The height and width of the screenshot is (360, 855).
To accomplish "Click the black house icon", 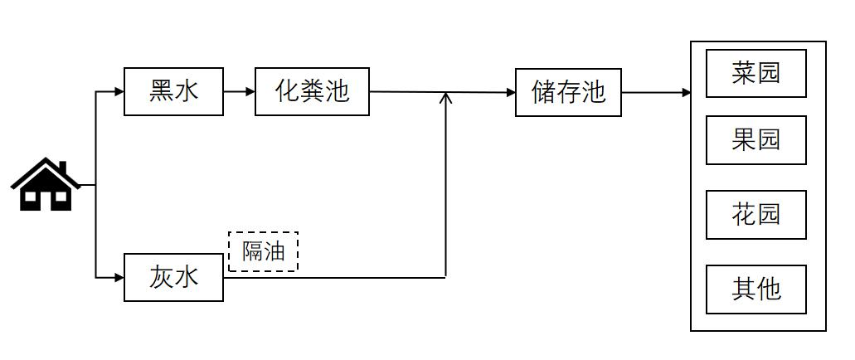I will (46, 185).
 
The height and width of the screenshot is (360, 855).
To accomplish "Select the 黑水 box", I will (173, 91).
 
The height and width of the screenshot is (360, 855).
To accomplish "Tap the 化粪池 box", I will (312, 91).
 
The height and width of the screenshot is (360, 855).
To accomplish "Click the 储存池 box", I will (568, 92).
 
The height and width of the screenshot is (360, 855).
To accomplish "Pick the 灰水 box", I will (173, 277).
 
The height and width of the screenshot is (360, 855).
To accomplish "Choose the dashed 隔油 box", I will (263, 251).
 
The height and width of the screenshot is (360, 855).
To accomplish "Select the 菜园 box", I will (755, 73).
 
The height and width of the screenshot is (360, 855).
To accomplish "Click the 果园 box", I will (755, 139).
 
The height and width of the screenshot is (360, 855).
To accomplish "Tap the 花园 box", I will (755, 214).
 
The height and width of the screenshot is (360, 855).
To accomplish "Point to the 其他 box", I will (755, 289).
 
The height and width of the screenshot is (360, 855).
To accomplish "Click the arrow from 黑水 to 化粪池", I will (240, 91).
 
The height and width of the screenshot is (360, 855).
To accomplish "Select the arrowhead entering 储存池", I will (510, 93).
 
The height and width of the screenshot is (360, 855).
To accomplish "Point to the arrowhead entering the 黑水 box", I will (119, 91).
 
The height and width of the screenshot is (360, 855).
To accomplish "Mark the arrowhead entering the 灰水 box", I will (119, 277).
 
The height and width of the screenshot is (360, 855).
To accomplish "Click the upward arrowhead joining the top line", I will (446, 99).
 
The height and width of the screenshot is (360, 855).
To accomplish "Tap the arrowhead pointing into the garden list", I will (686, 93).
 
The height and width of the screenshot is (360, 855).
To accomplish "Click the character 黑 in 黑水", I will (161, 91).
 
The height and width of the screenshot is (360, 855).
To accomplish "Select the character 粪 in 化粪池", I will (312, 91).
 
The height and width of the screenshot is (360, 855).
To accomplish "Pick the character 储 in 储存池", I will (544, 92).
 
